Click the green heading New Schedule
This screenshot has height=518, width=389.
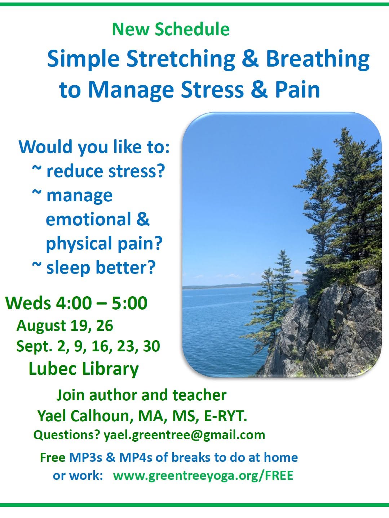171,29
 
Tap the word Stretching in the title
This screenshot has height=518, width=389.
181,59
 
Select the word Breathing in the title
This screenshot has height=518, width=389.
318,59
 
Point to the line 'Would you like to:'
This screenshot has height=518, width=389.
94,147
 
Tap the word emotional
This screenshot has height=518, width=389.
88,219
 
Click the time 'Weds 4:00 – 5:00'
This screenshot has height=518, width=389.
76,303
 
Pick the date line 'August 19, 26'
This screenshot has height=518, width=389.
65,326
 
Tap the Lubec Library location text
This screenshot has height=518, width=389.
84,369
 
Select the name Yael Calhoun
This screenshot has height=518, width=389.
84,415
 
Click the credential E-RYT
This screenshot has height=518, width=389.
225,415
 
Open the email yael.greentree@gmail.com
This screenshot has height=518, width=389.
184,435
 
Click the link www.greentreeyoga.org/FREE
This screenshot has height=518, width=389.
203,475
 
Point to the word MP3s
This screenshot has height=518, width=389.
85,458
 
